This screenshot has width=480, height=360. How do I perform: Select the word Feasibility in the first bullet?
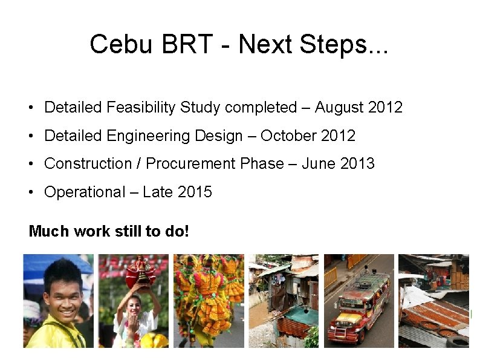pos(141,108)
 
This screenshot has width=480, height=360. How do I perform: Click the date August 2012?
pos(358,108)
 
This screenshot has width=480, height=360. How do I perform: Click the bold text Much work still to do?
pos(109,231)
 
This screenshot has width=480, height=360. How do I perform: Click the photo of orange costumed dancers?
pos(209,301)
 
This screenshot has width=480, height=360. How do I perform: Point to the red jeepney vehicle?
pos(358,306)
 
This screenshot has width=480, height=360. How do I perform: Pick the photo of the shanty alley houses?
pos(284,301)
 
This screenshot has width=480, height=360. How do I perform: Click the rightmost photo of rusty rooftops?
pos(433,301)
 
